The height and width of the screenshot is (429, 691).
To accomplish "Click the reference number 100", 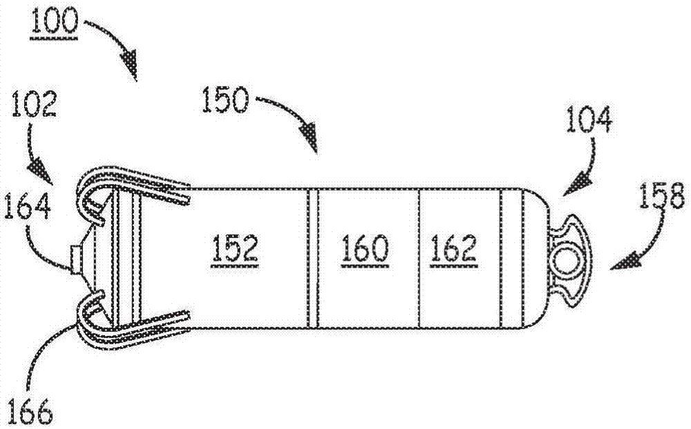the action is pos(54,21).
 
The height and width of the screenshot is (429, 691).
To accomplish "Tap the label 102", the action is pos(34,104).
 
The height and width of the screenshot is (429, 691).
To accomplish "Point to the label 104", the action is pos(589,119).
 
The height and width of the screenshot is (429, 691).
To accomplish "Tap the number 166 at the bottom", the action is pos(30,412).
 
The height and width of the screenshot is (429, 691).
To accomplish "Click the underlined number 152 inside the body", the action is pos(235,249).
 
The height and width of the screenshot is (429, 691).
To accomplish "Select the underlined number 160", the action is pos(364,249).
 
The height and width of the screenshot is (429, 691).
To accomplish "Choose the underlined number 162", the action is pos(455,249).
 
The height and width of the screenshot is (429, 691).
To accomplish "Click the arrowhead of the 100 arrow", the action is pos(131,67).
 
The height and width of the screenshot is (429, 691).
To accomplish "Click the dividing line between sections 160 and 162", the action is pos(418,258).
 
